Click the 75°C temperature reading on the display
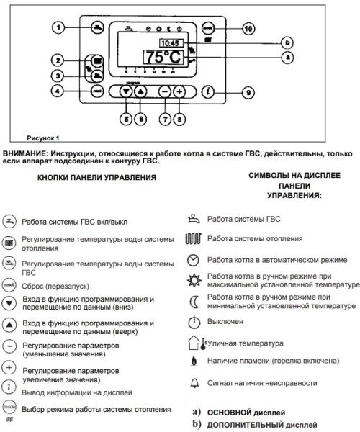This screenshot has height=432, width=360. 163,58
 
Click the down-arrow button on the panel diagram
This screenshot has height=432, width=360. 127,92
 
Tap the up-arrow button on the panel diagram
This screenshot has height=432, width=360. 140,92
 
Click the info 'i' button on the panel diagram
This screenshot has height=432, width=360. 208,92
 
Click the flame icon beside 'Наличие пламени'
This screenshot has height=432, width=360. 192,361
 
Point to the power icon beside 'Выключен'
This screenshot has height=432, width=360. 192,321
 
